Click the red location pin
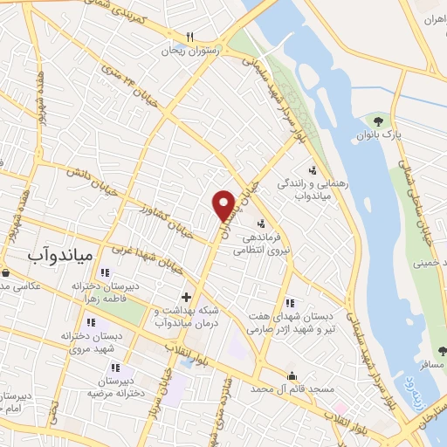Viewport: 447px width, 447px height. tap(224, 204)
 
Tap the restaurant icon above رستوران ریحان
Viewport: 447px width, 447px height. tap(189, 37)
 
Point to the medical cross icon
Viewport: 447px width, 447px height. tap(185, 298)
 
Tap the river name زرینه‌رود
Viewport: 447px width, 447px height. tap(409, 382)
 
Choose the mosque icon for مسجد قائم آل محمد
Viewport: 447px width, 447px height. tap(292, 375)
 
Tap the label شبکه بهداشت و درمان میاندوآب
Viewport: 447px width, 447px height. tap(184, 316)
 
